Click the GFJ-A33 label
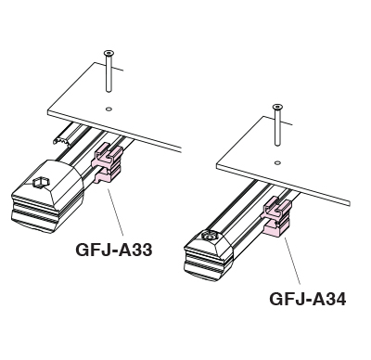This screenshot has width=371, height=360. pyautogui.click(x=114, y=250)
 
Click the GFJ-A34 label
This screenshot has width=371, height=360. pyautogui.click(x=308, y=299)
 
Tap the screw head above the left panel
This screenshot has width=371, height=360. pyautogui.click(x=109, y=53)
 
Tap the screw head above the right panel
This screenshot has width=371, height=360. pyautogui.click(x=277, y=107)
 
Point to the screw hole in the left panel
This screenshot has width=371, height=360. pyautogui.click(x=109, y=109)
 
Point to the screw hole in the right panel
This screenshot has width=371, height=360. pyautogui.click(x=277, y=162)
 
